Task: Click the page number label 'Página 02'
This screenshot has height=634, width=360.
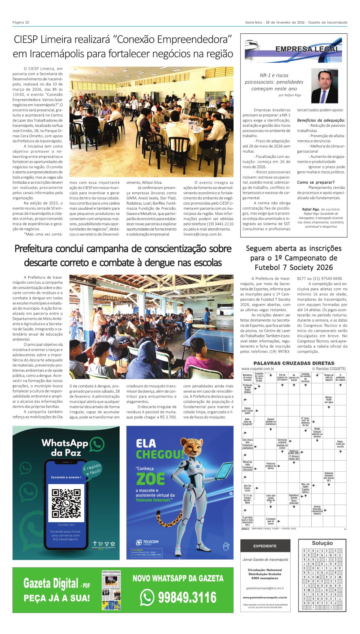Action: click(21, 22)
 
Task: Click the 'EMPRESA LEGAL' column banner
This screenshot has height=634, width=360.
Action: click(307, 49)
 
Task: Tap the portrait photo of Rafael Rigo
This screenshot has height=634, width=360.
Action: click(324, 86)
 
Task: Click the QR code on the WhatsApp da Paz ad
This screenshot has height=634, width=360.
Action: click(66, 503)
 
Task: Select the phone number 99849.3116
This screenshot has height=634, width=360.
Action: click(187, 597)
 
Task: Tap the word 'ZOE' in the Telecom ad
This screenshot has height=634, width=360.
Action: click(150, 479)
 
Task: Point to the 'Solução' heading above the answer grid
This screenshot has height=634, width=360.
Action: click(322, 543)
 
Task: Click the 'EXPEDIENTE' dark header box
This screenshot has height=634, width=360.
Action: click(265, 546)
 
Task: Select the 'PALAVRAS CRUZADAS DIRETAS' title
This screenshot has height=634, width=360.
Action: click(294, 363)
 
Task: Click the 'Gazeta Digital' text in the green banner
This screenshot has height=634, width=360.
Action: click(51, 583)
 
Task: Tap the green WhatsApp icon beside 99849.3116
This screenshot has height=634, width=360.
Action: click(147, 597)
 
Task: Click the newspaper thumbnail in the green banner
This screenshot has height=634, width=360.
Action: click(111, 590)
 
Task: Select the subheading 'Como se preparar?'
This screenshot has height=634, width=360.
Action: click(316, 182)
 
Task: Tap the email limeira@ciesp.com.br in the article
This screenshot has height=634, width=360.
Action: click(202, 234)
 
